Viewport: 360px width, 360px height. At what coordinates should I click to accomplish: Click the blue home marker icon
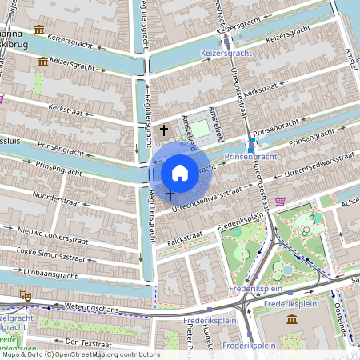coord(180,172)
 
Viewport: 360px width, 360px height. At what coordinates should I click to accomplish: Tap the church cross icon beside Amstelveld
coord(165,130)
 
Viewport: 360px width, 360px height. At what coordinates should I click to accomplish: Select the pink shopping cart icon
coord(280,201)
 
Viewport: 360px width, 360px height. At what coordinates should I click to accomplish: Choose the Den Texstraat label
coord(88,342)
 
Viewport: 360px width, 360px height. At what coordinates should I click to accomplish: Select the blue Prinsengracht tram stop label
coord(250,157)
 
